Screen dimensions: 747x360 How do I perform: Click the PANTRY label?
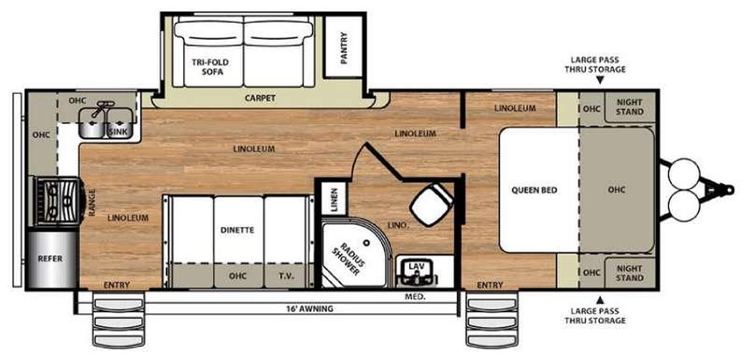coord(344,48)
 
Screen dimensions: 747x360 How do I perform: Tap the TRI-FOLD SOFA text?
coord(210,67)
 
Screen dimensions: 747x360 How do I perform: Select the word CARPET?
coord(260,98)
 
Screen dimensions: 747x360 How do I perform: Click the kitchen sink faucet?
coord(101,108)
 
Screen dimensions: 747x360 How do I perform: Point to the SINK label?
coord(118,131)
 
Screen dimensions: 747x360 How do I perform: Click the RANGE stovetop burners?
coord(57,201)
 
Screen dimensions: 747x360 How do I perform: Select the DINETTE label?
coord(237,230)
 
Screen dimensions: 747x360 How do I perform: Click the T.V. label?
coord(286,276)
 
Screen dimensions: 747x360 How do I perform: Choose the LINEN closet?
coord(334,199)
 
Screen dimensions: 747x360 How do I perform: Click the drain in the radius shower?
coord(367,243)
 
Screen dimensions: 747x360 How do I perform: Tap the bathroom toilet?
coord(432,204)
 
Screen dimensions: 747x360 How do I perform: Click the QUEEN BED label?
coord(534,190)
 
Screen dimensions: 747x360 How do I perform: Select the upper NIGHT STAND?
coord(629,107)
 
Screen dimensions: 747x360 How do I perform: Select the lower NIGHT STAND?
coord(629,273)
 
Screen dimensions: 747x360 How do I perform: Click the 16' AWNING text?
coord(310,309)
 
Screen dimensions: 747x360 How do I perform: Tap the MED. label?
coord(415,296)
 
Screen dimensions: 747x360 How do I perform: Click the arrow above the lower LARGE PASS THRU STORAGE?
coord(600,300)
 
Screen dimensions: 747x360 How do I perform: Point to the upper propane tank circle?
coord(684,174)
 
